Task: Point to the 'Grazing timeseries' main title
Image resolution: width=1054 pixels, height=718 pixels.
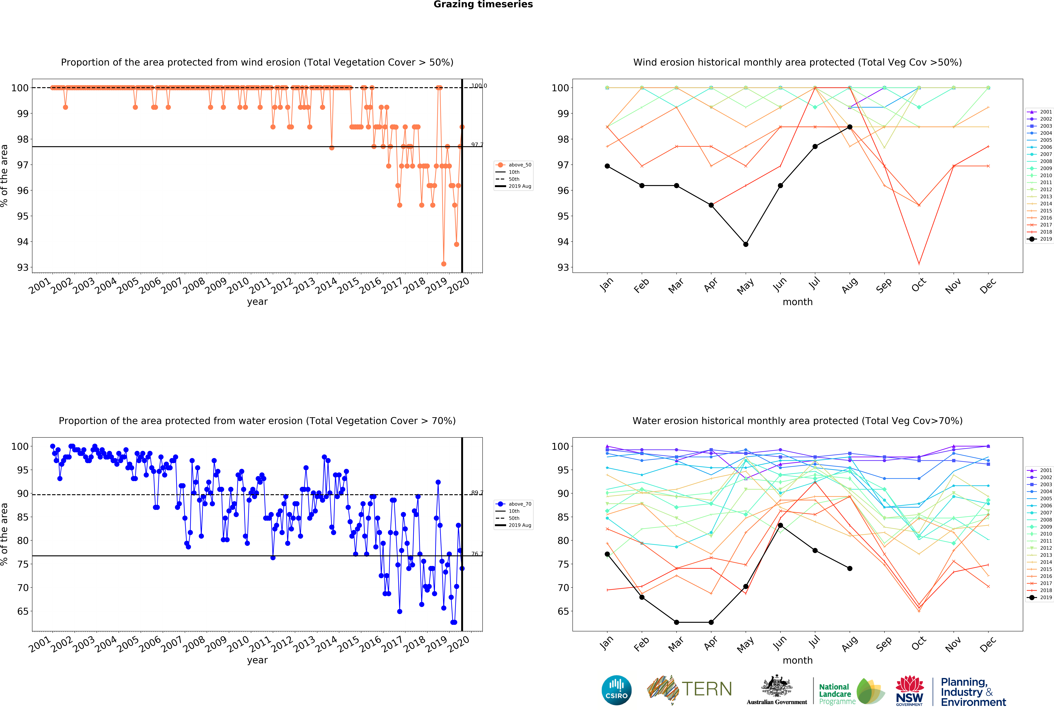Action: pyautogui.click(x=483, y=4)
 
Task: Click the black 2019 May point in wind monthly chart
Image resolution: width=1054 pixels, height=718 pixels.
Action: pyautogui.click(x=746, y=244)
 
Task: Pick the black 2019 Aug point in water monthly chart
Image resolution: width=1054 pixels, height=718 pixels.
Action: pyautogui.click(x=849, y=568)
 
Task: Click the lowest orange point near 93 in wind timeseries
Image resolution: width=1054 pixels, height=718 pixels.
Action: pyautogui.click(x=444, y=264)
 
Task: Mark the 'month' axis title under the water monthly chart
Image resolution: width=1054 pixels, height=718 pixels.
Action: pyautogui.click(x=797, y=660)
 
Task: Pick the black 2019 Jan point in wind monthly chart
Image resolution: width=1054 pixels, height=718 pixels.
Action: pyautogui.click(x=607, y=166)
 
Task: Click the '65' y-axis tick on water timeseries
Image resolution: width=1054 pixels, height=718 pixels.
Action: pyautogui.click(x=23, y=611)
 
